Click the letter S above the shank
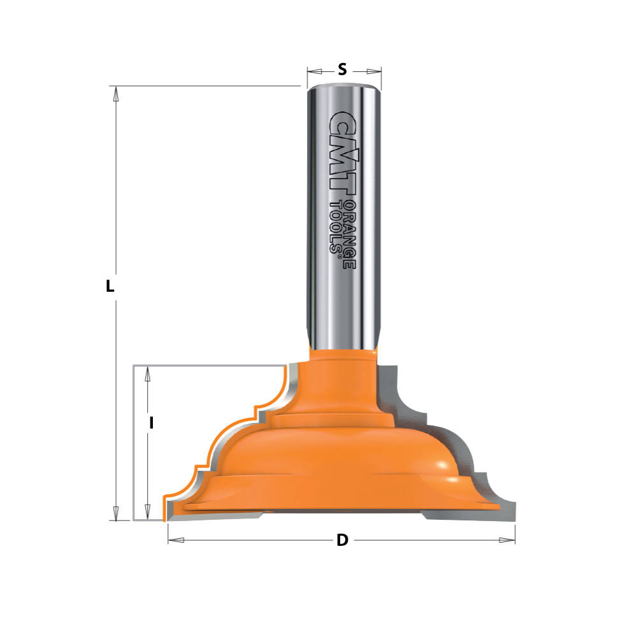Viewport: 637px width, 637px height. tap(342, 70)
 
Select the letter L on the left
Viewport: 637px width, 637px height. tap(110, 287)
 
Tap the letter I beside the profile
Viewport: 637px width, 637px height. tap(152, 422)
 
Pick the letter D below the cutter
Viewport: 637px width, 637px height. tap(342, 541)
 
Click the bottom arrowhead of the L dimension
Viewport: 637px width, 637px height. tap(115, 513)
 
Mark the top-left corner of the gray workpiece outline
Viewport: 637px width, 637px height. tap(133, 366)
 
